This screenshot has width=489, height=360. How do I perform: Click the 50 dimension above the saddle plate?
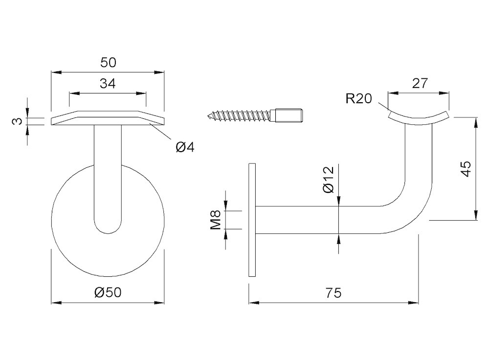(x=108, y=63)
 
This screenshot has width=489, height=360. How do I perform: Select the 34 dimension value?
(x=108, y=84)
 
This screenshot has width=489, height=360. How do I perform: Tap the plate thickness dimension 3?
(x=18, y=121)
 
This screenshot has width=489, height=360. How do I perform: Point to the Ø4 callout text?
(x=185, y=147)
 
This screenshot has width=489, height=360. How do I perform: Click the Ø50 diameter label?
(x=108, y=292)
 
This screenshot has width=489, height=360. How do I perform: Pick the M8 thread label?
(x=216, y=220)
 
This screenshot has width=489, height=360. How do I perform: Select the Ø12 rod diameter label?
(x=329, y=180)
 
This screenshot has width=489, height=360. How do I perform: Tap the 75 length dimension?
(x=333, y=293)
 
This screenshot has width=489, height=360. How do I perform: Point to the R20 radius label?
(x=359, y=99)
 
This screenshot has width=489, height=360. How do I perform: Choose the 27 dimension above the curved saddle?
(x=420, y=83)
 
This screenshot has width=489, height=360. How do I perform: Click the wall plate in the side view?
(x=252, y=220)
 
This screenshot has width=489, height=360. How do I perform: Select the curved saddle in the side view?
(x=419, y=118)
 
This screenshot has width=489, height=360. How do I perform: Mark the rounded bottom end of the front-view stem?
(x=108, y=228)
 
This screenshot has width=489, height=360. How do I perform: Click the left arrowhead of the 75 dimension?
(x=254, y=302)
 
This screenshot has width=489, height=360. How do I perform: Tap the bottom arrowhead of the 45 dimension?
(x=476, y=215)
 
